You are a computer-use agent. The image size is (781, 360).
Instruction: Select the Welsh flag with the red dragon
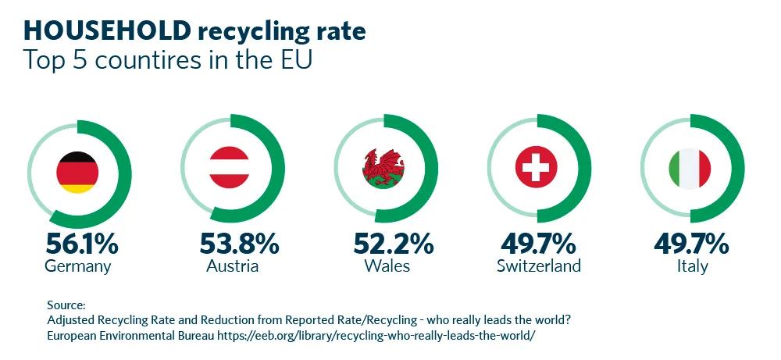(383, 168)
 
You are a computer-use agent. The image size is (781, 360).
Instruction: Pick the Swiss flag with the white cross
(537, 168)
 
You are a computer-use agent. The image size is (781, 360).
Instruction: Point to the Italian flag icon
(690, 168)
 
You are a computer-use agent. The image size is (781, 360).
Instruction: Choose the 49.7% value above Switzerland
(538, 244)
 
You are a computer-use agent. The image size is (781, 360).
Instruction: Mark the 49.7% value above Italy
(692, 244)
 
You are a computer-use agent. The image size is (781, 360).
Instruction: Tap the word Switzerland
(538, 266)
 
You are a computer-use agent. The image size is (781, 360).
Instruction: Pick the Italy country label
(692, 266)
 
